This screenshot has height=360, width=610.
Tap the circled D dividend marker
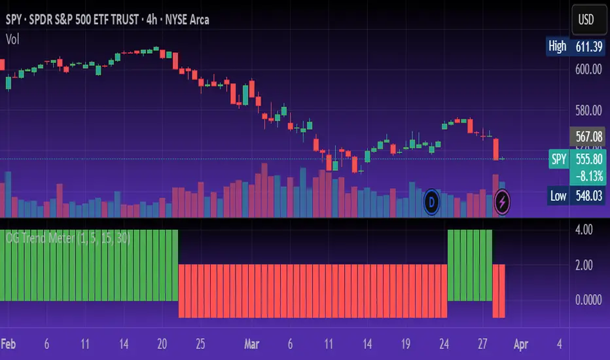point(432,200)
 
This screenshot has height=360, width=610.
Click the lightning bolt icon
point(502,200)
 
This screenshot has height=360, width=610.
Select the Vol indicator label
point(12,39)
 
